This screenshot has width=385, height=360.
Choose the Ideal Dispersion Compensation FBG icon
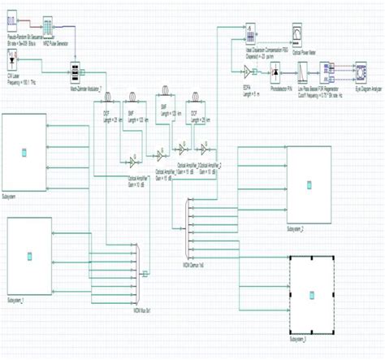pos(251,35)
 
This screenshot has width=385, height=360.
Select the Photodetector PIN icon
pos(278,74)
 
